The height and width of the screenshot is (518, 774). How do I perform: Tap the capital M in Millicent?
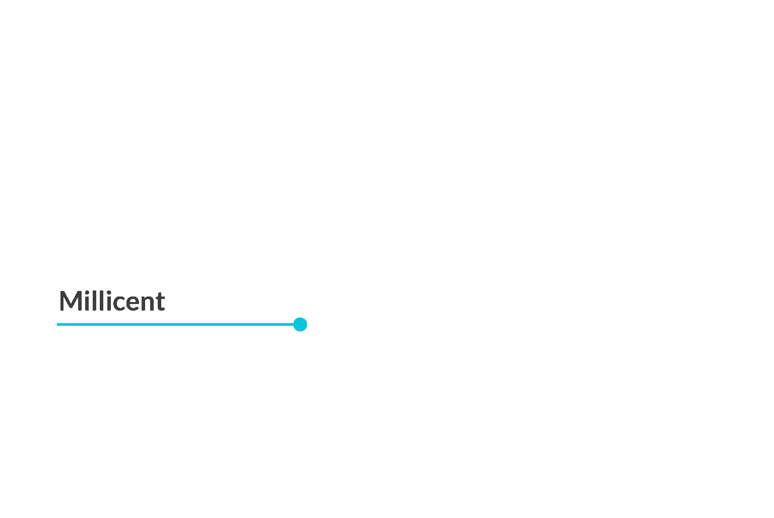pos(71,301)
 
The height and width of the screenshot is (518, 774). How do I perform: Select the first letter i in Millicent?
pos(87,301)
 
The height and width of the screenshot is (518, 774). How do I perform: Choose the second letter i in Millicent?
pos(109,301)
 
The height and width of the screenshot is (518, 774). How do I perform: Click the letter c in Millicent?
pos(119,303)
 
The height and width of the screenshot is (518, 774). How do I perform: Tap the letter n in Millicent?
pos(148,303)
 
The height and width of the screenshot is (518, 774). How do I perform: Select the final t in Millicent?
pos(160,302)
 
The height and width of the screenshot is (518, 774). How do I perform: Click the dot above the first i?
pos(87,292)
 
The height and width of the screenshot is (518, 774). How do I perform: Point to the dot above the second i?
pos(109,292)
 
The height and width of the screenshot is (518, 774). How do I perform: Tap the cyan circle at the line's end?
pos(300,324)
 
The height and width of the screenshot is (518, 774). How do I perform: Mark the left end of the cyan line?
pos(57,324)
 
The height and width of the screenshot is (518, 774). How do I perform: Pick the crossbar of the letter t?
pos(160,298)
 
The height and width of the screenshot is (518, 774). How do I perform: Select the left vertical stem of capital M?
pos(61,301)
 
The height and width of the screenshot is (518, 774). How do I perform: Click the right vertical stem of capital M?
pos(79,301)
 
